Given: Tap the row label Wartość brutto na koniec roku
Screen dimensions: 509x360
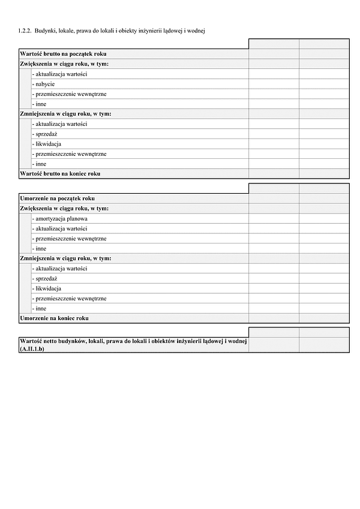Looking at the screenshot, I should point(60,174).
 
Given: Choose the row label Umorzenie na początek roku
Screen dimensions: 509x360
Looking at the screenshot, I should point(57,198).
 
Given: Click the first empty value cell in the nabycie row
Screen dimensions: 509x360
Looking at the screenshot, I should point(274,84).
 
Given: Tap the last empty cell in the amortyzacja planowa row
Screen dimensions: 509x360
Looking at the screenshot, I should point(324,219).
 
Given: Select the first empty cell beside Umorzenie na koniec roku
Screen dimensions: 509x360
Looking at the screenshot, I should point(274,318).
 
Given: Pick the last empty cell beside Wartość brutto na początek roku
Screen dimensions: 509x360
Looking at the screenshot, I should point(324,54).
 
